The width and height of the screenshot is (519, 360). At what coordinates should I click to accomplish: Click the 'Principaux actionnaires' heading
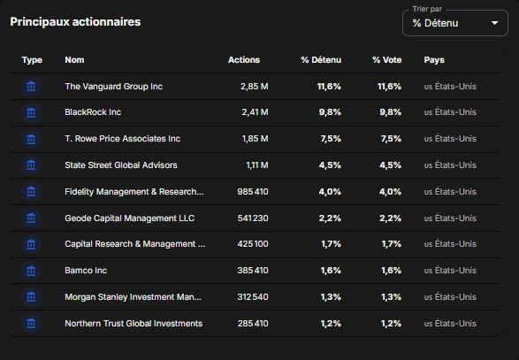pyautogui.click(x=75, y=22)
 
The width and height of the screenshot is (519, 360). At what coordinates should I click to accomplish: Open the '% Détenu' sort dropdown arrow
pyautogui.click(x=494, y=23)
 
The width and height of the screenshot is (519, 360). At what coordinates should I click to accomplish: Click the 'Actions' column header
pyautogui.click(x=244, y=60)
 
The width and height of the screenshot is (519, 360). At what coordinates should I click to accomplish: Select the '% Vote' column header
pyautogui.click(x=386, y=60)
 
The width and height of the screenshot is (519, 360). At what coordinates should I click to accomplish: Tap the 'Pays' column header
pyautogui.click(x=434, y=60)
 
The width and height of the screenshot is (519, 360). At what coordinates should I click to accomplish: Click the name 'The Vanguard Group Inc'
pyautogui.click(x=113, y=87)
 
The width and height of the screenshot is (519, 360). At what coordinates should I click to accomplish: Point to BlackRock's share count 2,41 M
pyautogui.click(x=255, y=112)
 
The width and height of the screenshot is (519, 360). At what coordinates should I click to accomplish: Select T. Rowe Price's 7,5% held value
pyautogui.click(x=331, y=139)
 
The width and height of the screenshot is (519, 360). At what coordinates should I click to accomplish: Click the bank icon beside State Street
pyautogui.click(x=31, y=165)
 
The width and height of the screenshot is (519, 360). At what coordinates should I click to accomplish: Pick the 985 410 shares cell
pyautogui.click(x=253, y=191)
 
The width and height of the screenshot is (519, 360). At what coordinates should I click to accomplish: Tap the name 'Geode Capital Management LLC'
pyautogui.click(x=129, y=218)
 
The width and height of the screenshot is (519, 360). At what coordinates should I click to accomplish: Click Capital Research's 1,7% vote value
pyautogui.click(x=391, y=244)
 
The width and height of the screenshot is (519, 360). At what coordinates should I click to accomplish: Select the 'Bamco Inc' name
pyautogui.click(x=86, y=271)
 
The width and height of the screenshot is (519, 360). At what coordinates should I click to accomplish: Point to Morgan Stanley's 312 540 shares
pyautogui.click(x=253, y=296)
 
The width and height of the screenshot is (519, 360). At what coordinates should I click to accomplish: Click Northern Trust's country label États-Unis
pyautogui.click(x=455, y=323)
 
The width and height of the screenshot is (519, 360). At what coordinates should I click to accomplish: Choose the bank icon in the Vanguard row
pyautogui.click(x=31, y=87)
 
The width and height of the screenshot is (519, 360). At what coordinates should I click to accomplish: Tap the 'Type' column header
pyautogui.click(x=32, y=60)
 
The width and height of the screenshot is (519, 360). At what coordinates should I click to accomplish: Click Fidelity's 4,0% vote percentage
pyautogui.click(x=390, y=191)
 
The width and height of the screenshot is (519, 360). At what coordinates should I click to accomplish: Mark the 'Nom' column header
pyautogui.click(x=74, y=60)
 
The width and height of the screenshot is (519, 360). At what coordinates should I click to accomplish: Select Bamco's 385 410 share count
pyautogui.click(x=253, y=271)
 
